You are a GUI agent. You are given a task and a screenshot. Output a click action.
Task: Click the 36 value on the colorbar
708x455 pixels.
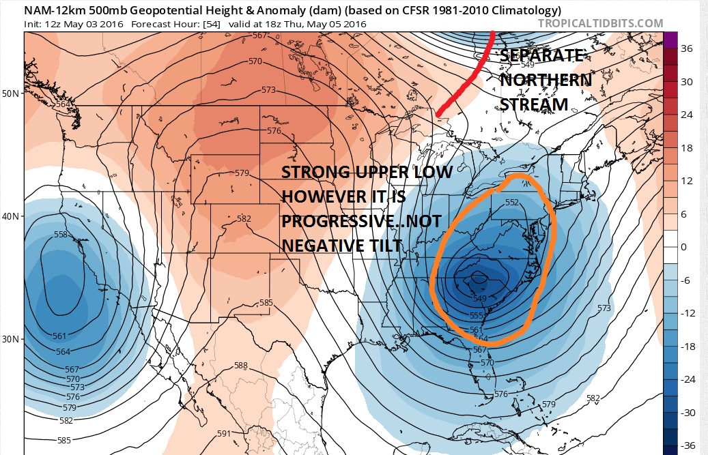click(x=688, y=48)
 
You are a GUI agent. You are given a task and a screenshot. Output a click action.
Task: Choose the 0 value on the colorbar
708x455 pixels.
click(x=684, y=247)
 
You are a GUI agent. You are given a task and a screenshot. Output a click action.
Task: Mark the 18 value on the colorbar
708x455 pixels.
click(x=687, y=148)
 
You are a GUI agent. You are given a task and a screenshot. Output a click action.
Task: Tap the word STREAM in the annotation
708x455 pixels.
click(x=534, y=104)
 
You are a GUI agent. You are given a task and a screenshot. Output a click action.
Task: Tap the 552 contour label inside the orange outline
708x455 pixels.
click(x=513, y=203)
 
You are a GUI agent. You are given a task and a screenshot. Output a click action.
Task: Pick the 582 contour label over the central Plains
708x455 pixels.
click(x=244, y=219)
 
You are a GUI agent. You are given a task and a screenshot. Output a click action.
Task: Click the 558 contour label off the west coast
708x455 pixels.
click(x=61, y=235)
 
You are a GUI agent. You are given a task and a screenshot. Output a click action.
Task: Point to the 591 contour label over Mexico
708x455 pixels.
click(x=223, y=433)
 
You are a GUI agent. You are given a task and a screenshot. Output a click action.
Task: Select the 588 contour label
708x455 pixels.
click(x=240, y=366)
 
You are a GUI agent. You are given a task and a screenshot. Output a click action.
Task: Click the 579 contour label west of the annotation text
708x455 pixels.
click(x=241, y=173)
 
